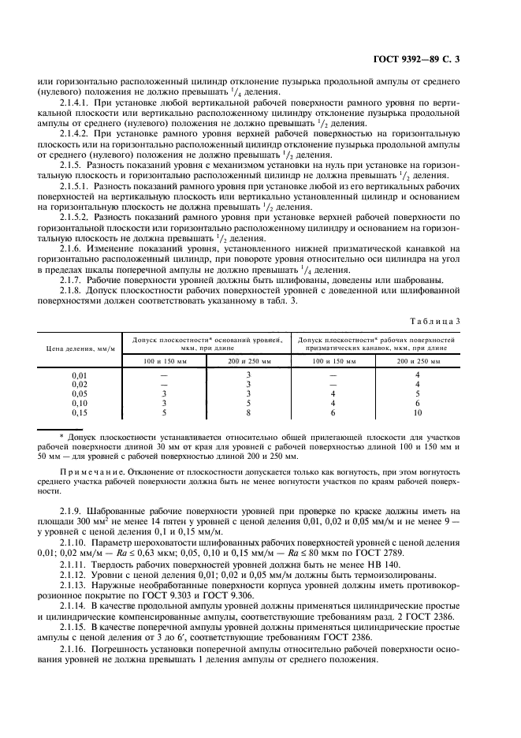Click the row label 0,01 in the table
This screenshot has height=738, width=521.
pos(80,375)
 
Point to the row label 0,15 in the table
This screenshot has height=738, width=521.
pos(80,411)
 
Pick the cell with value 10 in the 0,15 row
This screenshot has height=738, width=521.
pos(418,411)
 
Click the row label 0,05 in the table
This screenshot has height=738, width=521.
pos(80,393)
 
